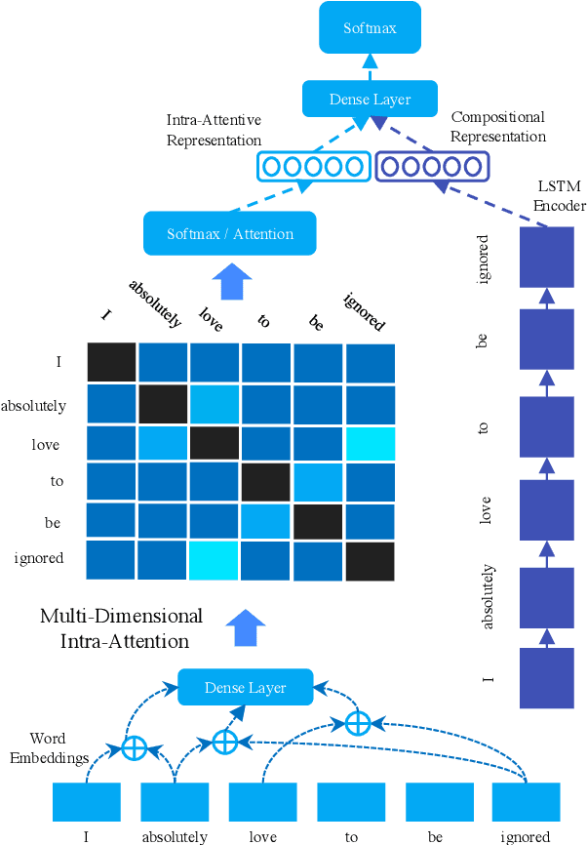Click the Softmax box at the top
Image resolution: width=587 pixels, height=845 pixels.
click(370, 27)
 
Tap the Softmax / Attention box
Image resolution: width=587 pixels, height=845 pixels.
click(230, 234)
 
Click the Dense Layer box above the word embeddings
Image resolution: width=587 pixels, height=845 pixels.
click(245, 688)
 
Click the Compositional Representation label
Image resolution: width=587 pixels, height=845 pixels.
click(498, 128)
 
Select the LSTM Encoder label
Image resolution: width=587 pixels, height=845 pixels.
click(562, 196)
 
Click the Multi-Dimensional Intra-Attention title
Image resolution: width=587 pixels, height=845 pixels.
click(121, 628)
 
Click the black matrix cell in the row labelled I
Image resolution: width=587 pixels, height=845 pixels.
click(111, 363)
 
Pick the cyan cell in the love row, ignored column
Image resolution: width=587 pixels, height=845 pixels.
click(370, 443)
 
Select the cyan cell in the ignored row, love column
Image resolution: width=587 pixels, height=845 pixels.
click(215, 561)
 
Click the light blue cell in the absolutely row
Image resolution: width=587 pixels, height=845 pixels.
click(215, 403)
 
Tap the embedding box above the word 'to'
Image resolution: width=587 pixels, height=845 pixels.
click(351, 801)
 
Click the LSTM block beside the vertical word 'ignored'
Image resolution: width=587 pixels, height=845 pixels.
click(547, 258)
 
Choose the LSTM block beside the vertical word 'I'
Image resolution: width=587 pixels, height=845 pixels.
click(547, 676)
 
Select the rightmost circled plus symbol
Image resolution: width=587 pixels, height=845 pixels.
click(358, 723)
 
